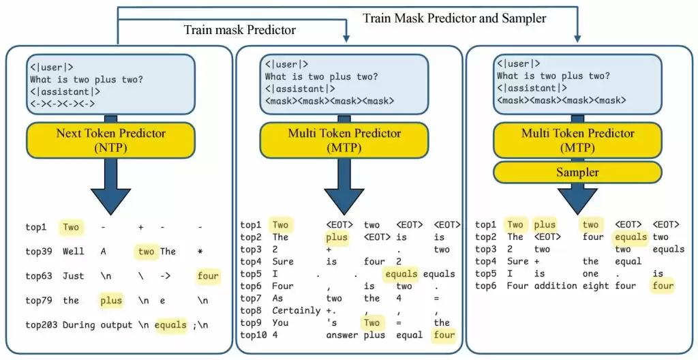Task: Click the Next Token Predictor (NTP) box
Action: click(x=112, y=139)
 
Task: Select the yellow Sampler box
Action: click(x=578, y=172)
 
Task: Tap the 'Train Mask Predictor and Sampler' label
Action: click(x=454, y=18)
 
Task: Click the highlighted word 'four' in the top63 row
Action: click(x=209, y=275)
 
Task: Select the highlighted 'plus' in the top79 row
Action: click(x=111, y=300)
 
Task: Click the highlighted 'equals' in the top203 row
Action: click(x=170, y=325)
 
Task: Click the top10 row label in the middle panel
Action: click(x=254, y=335)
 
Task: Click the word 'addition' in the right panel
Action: click(x=552, y=286)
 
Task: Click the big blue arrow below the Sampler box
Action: click(x=578, y=198)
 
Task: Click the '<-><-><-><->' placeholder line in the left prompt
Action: click(x=62, y=104)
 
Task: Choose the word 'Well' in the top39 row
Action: click(x=74, y=251)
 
